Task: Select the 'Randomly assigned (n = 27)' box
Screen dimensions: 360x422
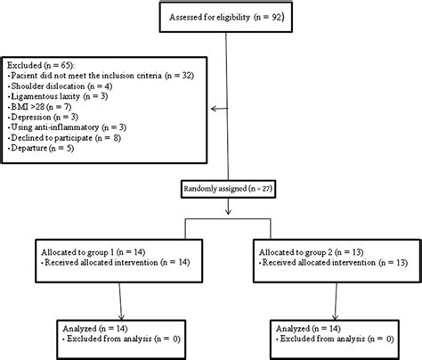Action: [x=230, y=189]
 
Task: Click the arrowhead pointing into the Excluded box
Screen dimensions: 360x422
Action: [x=214, y=110]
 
